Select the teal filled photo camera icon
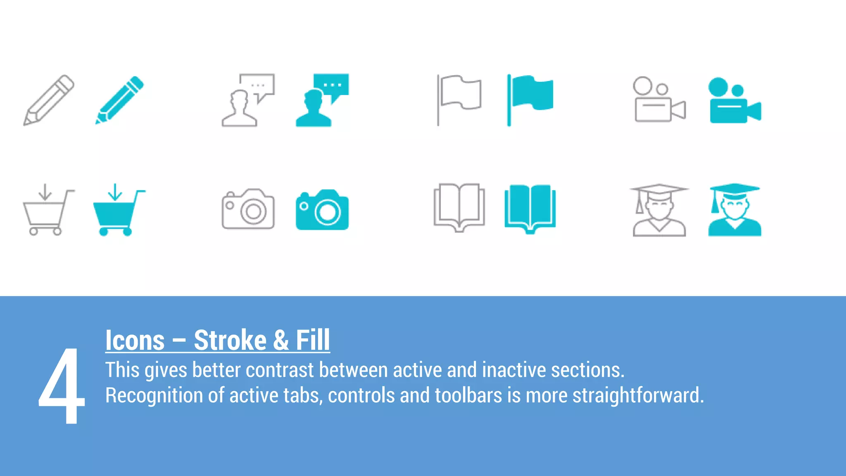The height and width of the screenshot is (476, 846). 322,210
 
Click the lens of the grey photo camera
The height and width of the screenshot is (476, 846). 253,212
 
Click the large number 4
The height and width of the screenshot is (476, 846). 62,386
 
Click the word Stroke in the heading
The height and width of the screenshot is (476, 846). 230,340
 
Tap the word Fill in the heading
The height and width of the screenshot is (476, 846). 313,340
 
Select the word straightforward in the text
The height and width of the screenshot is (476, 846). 637,395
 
